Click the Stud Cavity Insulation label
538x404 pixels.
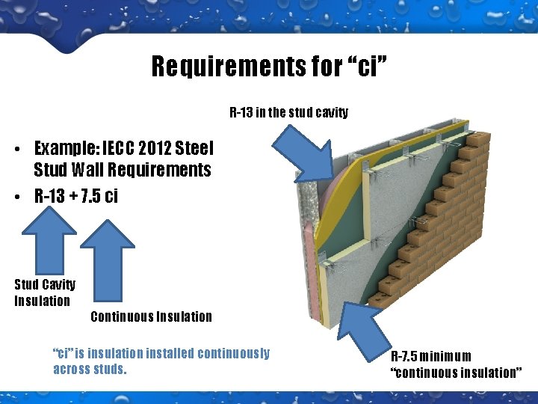[44, 293]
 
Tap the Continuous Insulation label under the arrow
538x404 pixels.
[151, 316]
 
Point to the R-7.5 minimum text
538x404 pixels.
[430, 356]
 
